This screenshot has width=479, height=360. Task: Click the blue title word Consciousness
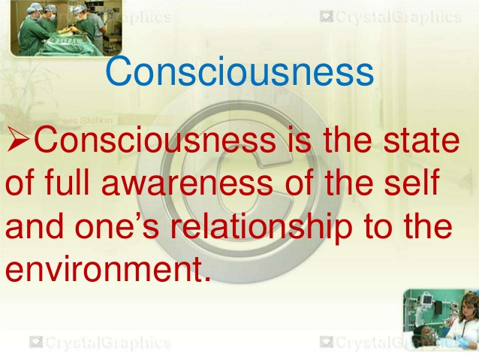[239, 71]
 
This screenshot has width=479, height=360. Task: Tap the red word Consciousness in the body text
[155, 140]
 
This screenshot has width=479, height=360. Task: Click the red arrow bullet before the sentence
[18, 140]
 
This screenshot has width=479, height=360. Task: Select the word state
[421, 140]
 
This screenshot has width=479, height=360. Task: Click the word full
[67, 183]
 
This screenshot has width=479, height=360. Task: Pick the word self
[411, 183]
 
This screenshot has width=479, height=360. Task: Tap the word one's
[117, 226]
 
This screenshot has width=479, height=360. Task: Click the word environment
[108, 269]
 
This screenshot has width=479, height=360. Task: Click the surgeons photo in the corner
[66, 28]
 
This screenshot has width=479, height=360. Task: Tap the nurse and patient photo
[441, 319]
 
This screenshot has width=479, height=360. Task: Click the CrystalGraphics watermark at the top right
[391, 17]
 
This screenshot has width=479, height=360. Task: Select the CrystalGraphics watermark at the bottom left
[100, 343]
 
